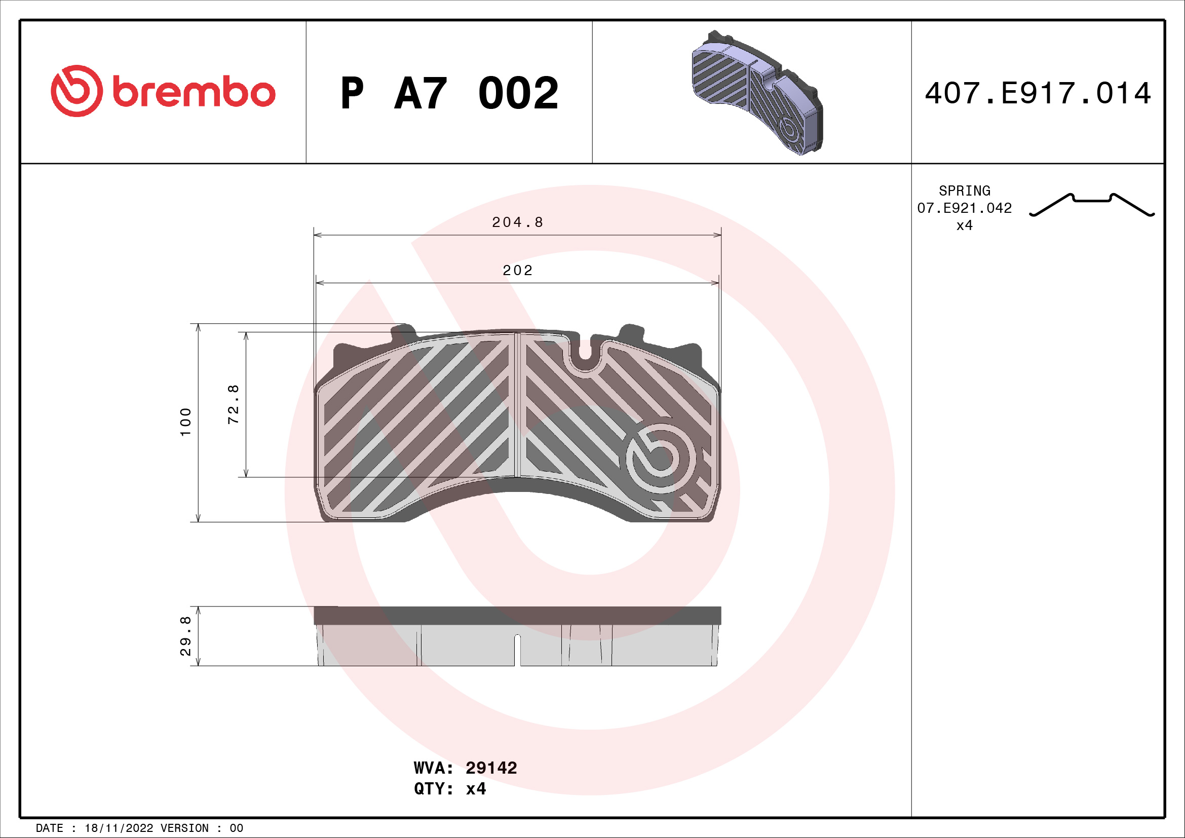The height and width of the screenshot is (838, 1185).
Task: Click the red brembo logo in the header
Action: (x=163, y=91)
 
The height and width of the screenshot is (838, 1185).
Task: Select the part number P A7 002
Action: (x=449, y=93)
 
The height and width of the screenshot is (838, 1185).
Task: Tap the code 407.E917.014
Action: (x=1038, y=93)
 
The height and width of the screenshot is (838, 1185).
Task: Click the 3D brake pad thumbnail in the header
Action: (x=756, y=93)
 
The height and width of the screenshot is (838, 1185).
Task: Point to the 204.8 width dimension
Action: (x=518, y=222)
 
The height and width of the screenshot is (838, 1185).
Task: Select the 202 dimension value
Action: (x=518, y=271)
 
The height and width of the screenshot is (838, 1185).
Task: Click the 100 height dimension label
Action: (x=186, y=422)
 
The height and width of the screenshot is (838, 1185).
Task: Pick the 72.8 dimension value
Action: (x=233, y=404)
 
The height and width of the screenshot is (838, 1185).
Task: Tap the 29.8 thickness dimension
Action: (x=186, y=636)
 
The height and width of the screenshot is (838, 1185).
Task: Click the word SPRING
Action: (x=965, y=191)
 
